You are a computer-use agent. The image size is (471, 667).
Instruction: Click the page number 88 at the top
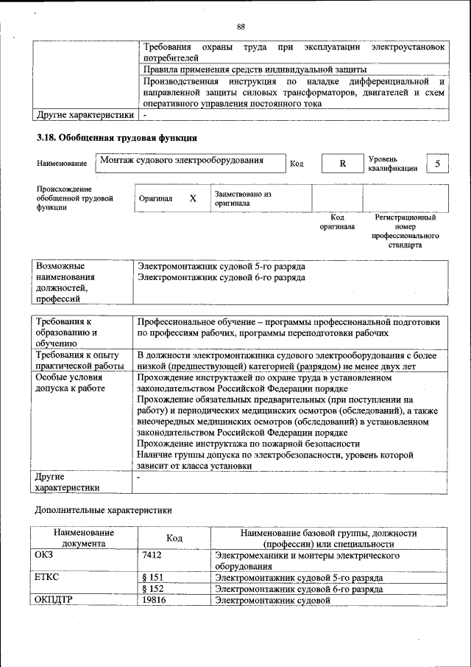pos(241,27)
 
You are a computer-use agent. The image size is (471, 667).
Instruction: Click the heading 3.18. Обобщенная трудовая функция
pos(116,138)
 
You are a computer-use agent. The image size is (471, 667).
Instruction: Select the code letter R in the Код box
pos(342,164)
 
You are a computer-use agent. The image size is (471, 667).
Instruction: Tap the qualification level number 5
pos(437,164)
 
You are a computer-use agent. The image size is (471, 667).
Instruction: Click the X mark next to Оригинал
pos(193,199)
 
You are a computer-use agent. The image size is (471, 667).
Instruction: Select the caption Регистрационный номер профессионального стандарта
pos(406,231)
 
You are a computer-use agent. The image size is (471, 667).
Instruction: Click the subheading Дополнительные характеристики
pos(104,509)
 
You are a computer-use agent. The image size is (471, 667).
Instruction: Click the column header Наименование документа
pos(83,538)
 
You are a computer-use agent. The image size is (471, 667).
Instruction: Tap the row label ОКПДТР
pos(54,601)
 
